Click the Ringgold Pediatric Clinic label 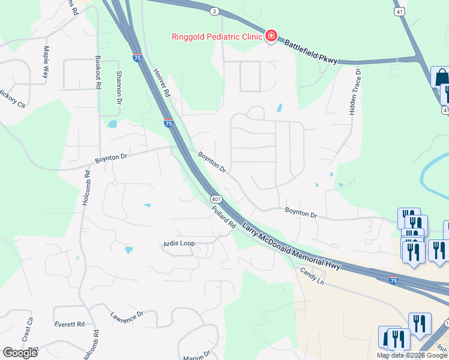pyautogui.click(x=217, y=36)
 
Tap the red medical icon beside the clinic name pyautogui.click(x=271, y=36)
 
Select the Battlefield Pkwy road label pyautogui.click(x=312, y=53)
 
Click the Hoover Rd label pyautogui.click(x=163, y=82)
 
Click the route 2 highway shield pyautogui.click(x=214, y=11)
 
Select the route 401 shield pyautogui.click(x=214, y=199)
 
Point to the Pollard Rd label pyautogui.click(x=223, y=217)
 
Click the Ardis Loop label pyautogui.click(x=179, y=244)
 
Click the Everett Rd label pyautogui.click(x=69, y=324)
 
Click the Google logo pyautogui.click(x=20, y=353)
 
